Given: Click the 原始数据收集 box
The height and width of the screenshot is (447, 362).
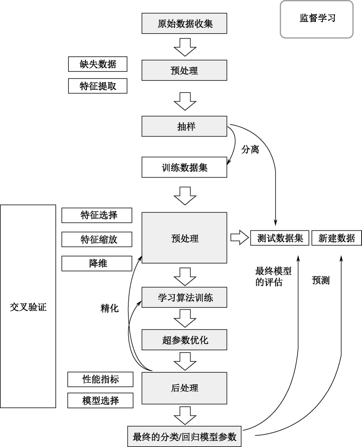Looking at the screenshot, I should [184, 23].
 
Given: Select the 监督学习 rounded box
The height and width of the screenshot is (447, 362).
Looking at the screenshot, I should [317, 19].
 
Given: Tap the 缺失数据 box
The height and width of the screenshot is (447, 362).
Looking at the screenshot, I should [98, 64].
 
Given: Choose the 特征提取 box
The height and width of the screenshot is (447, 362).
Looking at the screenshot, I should [98, 86].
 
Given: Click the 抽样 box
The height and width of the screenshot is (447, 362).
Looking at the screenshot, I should [184, 126].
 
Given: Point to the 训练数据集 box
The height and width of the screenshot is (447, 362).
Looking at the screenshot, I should [184, 167].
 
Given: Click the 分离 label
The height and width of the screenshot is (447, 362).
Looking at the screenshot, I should [250, 149].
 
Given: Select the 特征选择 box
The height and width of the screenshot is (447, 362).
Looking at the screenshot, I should [97, 215].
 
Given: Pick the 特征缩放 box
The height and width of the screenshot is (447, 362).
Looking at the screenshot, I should [97, 239].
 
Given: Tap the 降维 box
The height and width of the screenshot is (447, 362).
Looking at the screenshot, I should [97, 263].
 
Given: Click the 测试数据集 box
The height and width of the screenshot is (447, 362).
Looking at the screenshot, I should [280, 238].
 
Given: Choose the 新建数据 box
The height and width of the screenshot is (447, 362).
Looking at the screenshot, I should [337, 238].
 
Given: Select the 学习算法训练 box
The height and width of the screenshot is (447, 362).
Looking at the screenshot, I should [184, 297].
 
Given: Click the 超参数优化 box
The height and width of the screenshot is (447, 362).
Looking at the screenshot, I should [184, 340].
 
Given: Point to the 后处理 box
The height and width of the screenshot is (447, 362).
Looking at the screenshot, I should [184, 388].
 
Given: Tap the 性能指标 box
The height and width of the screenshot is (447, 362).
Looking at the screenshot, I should [100, 379].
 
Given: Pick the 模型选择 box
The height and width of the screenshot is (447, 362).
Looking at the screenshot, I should [100, 400].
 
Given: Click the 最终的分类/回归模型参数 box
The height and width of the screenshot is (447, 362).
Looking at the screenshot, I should [184, 436].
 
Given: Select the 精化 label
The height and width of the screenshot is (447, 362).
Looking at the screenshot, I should [109, 308].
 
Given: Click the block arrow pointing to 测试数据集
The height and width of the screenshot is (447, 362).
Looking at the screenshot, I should [239, 238].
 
